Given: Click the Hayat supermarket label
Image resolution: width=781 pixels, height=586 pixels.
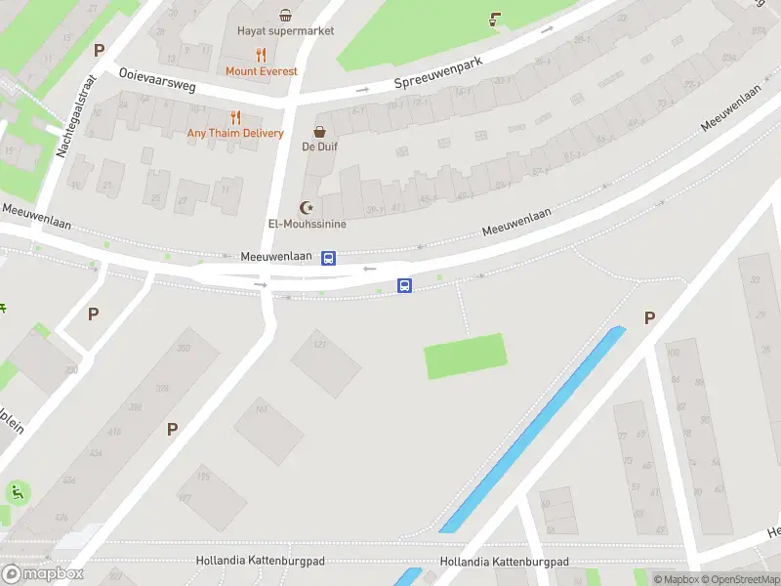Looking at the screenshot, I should tap(285, 30).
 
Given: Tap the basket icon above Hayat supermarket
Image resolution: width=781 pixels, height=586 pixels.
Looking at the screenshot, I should tap(285, 15).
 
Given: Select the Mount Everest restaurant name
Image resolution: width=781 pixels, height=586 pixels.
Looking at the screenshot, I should tap(261, 71).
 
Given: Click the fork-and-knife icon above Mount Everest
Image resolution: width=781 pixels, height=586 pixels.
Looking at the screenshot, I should tap(261, 55).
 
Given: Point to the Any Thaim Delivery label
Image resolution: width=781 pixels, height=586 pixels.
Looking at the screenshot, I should tap(235, 134).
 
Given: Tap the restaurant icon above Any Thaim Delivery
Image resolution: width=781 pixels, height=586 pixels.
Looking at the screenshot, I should tap(235, 117).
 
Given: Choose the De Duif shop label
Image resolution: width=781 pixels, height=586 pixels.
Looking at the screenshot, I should tap(319, 147).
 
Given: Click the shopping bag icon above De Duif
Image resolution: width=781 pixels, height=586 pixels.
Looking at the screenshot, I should tap(319, 132).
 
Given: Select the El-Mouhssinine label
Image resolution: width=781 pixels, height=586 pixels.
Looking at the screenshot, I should tap(308, 224).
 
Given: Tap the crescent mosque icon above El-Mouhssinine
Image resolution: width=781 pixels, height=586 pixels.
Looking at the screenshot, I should tap(308, 207).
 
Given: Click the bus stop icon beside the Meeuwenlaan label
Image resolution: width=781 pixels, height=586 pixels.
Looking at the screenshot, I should tap(329, 258).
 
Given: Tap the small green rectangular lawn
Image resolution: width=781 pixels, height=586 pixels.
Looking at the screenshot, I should tap(467, 356).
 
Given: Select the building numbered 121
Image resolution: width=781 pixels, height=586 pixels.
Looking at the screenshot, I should tap(326, 362).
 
